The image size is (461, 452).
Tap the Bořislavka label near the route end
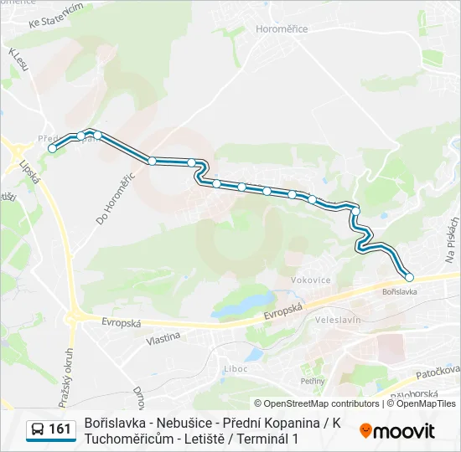tap(399, 292)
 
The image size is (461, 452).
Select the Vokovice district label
tap(310, 280)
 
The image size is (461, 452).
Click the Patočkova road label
tap(438, 370)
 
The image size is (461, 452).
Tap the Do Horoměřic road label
tap(115, 198)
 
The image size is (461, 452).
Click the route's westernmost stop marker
tap(53, 148)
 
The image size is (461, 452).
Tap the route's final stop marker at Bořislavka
tap(410, 277)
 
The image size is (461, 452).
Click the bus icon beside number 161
tap(38, 429)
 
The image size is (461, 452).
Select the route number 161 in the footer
tap(60, 429)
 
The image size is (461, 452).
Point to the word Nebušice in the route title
tap(177, 423)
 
